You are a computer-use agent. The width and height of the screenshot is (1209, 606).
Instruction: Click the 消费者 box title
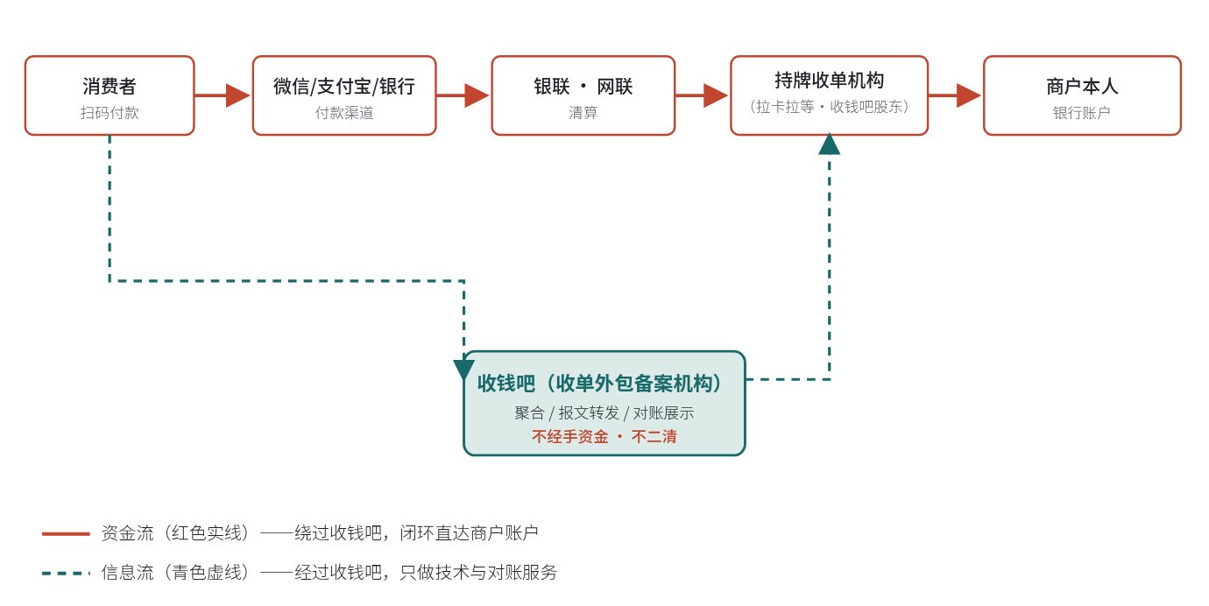pyautogui.click(x=110, y=87)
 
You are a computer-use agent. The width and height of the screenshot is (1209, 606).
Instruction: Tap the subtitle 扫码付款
pyautogui.click(x=110, y=113)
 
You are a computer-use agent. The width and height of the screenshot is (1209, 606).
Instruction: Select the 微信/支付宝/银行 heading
pyautogui.click(x=344, y=87)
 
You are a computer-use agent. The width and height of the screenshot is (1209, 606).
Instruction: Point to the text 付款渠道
pyautogui.click(x=344, y=113)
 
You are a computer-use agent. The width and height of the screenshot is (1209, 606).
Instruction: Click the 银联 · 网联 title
pyautogui.click(x=583, y=87)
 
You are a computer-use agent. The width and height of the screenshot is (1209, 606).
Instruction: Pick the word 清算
pyautogui.click(x=583, y=113)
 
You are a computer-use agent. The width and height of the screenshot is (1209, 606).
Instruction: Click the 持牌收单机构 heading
pyautogui.click(x=829, y=81)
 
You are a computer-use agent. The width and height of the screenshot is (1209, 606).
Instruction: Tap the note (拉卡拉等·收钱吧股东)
pyautogui.click(x=829, y=107)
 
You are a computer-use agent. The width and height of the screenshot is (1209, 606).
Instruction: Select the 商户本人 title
pyautogui.click(x=1082, y=87)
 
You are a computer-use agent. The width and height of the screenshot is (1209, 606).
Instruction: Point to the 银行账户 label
pyautogui.click(x=1082, y=113)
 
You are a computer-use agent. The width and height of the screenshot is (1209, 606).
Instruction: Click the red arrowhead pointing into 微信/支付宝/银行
pyautogui.click(x=238, y=95)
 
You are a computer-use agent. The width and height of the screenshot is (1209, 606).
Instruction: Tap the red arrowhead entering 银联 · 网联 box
pyautogui.click(x=477, y=95)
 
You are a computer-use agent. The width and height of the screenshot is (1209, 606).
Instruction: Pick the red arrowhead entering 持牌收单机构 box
pyautogui.click(x=716, y=95)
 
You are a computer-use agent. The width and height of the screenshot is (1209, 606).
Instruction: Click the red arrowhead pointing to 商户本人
pyautogui.click(x=969, y=95)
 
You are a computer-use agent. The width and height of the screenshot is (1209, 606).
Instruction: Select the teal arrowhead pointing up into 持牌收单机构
pyautogui.click(x=829, y=144)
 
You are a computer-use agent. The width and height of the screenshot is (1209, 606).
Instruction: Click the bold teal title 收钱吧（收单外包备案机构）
pyautogui.click(x=599, y=384)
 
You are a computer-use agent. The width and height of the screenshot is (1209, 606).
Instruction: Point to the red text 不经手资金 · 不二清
pyautogui.click(x=604, y=437)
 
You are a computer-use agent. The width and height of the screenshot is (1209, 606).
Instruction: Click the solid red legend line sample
pyautogui.click(x=66, y=533)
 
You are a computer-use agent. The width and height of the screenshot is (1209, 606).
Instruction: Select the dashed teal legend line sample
pyautogui.click(x=66, y=573)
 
